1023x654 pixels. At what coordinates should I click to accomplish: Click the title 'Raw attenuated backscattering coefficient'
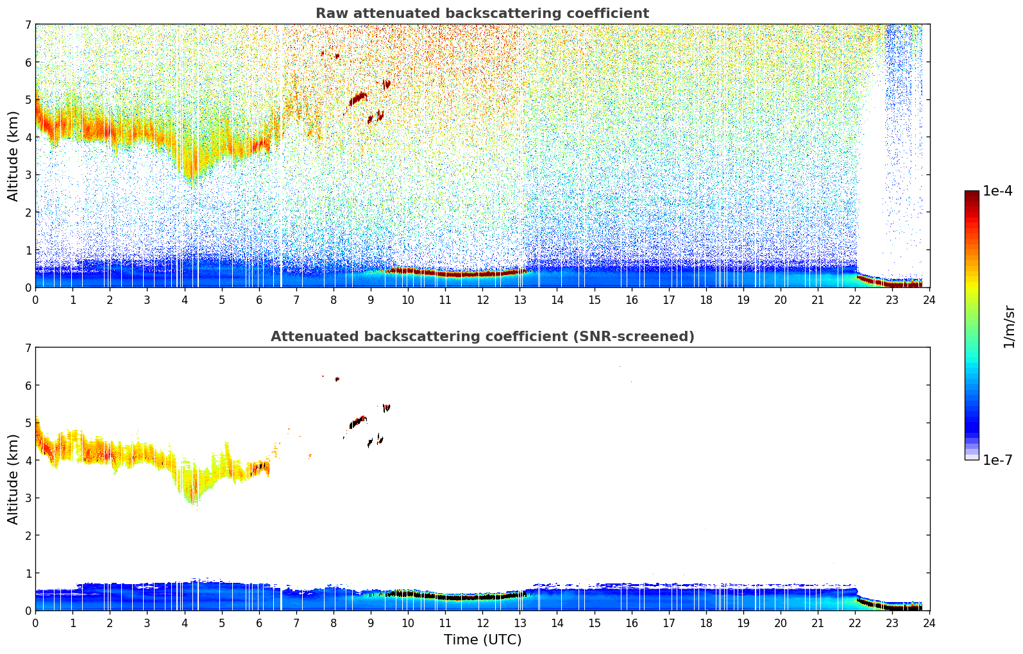[x=482, y=13]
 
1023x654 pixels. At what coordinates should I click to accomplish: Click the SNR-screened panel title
[x=482, y=337]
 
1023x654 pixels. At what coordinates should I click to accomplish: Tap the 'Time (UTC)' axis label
[x=482, y=640]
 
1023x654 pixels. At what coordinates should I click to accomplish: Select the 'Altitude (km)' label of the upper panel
[x=13, y=156]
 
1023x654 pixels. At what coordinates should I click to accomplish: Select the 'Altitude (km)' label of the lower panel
[x=13, y=479]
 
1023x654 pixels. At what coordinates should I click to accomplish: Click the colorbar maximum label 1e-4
[x=997, y=191]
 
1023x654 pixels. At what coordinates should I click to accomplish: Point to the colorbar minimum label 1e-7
[x=997, y=460]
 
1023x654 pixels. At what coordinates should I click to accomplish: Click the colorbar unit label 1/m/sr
[x=1009, y=326]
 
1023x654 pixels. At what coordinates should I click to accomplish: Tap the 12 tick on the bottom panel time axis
[x=482, y=623]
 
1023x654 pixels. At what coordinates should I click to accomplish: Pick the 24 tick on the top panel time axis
[x=929, y=299]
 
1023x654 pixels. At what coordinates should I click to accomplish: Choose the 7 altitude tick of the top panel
[x=28, y=24]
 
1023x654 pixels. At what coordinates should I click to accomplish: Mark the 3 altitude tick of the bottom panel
[x=28, y=498]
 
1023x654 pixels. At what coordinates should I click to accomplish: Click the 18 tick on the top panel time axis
[x=706, y=299]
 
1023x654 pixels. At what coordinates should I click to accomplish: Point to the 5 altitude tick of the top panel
[x=28, y=99]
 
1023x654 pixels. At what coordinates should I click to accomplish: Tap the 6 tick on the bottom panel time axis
[x=259, y=623]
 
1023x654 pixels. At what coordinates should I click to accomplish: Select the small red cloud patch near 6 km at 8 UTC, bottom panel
[x=337, y=380]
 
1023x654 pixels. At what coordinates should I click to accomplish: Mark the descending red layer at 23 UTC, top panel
[x=892, y=283]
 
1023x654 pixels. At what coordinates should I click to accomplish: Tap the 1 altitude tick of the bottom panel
[x=28, y=573]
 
